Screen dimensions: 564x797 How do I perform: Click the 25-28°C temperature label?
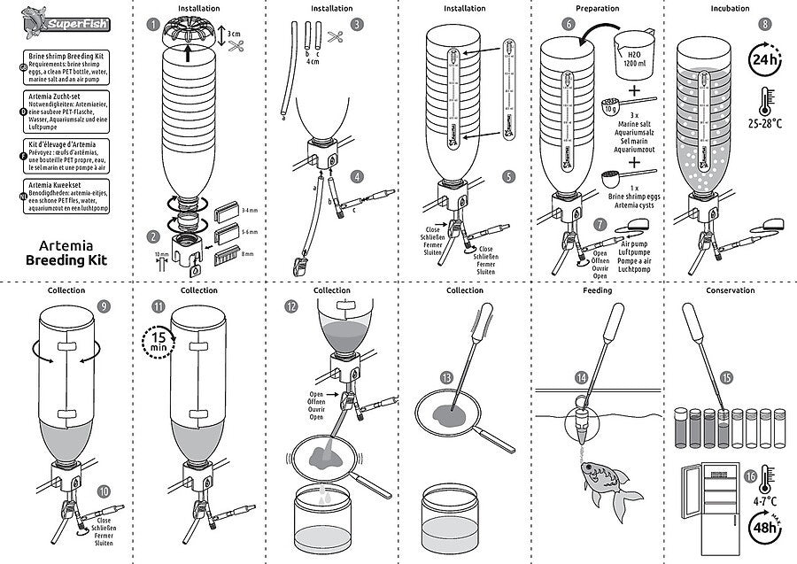point(764,125)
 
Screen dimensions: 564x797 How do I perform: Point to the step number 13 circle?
point(446,377)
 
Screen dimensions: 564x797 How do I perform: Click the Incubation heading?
point(731,7)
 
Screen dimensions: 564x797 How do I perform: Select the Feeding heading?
point(597,290)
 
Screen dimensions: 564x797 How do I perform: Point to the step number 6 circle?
point(567,24)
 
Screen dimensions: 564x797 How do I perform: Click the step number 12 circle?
point(291,305)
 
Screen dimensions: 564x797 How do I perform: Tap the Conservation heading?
point(731,290)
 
